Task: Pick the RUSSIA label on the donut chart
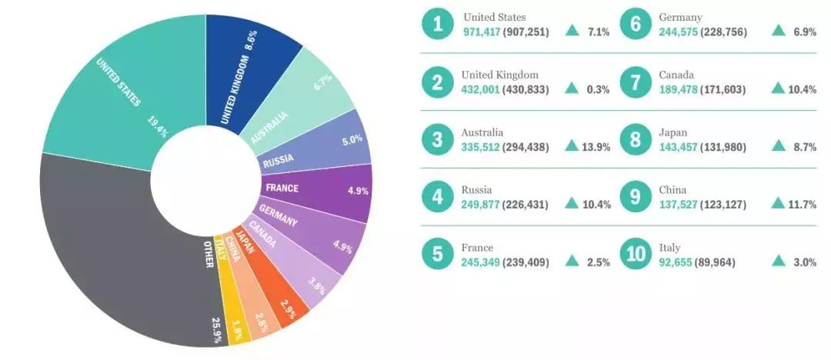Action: [278, 162]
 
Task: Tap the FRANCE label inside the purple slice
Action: [282, 188]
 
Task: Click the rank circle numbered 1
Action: [438, 24]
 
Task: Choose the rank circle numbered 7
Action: [636, 82]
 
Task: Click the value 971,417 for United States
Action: [481, 32]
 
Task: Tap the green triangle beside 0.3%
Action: [572, 88]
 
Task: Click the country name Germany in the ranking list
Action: [679, 17]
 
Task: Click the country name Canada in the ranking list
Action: [676, 75]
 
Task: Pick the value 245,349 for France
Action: [481, 262]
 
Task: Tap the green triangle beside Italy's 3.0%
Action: [779, 262]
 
